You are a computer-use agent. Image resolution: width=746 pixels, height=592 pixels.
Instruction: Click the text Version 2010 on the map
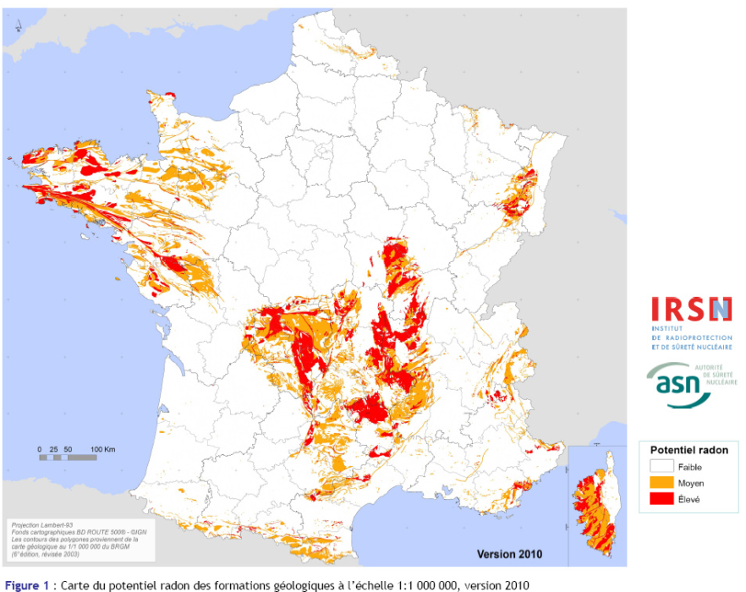tap(507, 555)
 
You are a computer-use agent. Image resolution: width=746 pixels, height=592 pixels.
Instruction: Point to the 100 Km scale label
tap(102, 447)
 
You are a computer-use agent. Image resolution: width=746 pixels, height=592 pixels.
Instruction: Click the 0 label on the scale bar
tap(40, 447)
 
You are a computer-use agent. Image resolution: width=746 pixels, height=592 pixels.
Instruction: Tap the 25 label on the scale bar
tap(54, 447)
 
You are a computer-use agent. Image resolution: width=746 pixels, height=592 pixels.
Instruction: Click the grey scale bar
tap(68, 458)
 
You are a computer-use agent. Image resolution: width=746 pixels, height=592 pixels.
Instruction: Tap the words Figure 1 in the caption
tap(26, 584)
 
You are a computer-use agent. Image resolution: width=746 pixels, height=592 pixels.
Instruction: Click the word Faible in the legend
tap(689, 467)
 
